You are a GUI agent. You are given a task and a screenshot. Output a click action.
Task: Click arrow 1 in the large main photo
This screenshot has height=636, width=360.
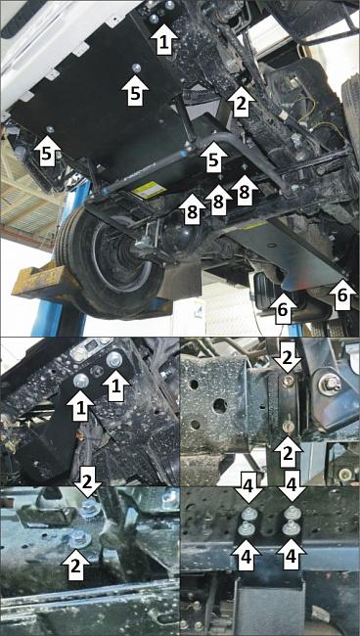coord(163,39)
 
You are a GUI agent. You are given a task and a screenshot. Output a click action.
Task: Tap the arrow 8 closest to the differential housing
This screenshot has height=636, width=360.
coord(193,209)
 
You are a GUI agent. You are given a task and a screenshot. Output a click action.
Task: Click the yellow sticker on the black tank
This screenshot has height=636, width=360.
coord(152,191)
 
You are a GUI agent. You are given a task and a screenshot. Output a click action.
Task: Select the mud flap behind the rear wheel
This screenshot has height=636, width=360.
coord(179,279)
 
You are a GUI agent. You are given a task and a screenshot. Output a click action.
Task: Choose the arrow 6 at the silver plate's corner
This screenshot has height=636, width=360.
coord(342,295)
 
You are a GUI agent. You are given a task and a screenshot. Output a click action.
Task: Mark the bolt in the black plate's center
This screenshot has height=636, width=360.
coord(137,68)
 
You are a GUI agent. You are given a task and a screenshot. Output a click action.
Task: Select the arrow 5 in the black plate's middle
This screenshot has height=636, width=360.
coord(135,90)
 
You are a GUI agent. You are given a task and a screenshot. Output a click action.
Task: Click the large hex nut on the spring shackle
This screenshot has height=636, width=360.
coord(329,384)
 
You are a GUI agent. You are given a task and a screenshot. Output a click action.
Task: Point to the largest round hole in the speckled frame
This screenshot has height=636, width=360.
coord(219,406)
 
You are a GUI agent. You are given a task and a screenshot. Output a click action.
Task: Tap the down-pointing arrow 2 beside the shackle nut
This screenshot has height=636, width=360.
coord(287,357)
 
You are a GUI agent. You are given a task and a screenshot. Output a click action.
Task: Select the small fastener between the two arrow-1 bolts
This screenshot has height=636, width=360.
coord(97,371)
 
